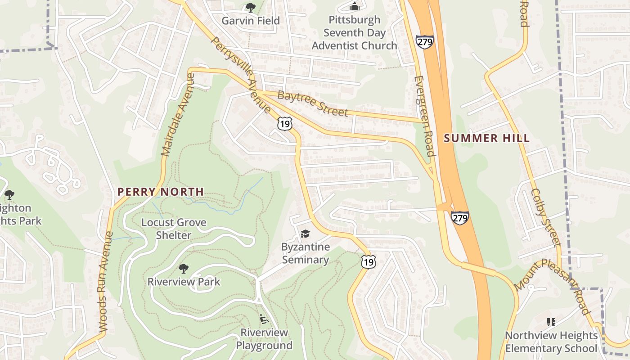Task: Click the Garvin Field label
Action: pyautogui.click(x=251, y=21)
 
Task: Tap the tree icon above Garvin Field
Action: pyautogui.click(x=250, y=7)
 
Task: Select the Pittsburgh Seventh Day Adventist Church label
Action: pyautogui.click(x=354, y=33)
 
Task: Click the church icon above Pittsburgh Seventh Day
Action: pyautogui.click(x=355, y=6)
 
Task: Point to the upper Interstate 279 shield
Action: pyautogui.click(x=424, y=42)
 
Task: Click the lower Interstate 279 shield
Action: pyautogui.click(x=460, y=218)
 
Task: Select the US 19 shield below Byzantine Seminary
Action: pyautogui.click(x=368, y=261)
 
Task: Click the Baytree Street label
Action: pyautogui.click(x=313, y=103)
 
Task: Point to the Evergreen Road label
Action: pyautogui.click(x=424, y=116)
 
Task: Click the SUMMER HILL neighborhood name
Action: pyautogui.click(x=487, y=138)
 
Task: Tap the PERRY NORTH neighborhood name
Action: pyautogui.click(x=161, y=192)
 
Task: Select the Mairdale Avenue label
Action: pyautogui.click(x=177, y=115)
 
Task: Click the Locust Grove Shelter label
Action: pyautogui.click(x=174, y=229)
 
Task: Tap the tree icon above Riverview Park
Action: pyautogui.click(x=183, y=269)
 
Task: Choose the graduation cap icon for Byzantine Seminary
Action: pyautogui.click(x=306, y=234)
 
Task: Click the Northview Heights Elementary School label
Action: pyautogui.click(x=551, y=342)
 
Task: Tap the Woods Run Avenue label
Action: pyautogui.click(x=104, y=282)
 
